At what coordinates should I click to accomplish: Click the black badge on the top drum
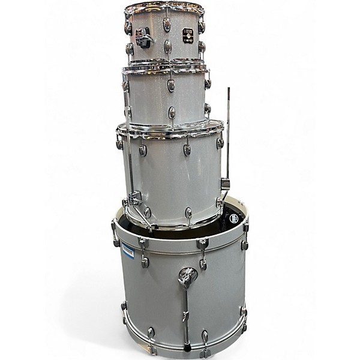click(x=188, y=36)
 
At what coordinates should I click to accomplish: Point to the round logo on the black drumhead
click(x=233, y=219)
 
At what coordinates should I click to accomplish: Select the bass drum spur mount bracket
click(x=187, y=277)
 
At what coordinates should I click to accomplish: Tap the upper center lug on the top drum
click(x=167, y=25)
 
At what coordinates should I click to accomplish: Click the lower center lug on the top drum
click(x=168, y=47)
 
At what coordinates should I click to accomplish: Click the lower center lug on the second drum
click(x=172, y=112)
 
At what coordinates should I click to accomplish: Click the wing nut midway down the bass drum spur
click(x=186, y=314)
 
